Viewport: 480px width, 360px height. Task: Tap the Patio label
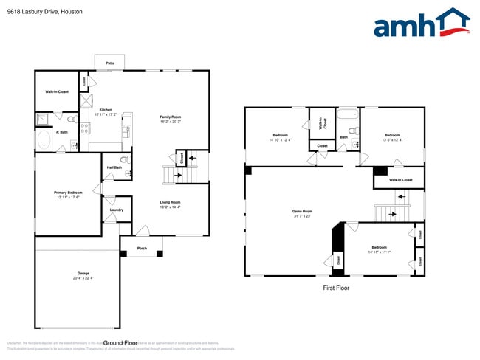coord(109,63)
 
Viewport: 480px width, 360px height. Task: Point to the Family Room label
coord(171,117)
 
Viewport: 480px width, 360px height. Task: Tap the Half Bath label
coord(114,167)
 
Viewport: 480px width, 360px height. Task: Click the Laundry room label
coord(116,210)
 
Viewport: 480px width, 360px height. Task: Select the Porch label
coord(142,248)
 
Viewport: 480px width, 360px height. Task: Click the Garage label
coord(83,274)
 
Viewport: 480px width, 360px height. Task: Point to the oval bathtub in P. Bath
coord(44,141)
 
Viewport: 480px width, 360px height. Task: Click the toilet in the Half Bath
coord(125,159)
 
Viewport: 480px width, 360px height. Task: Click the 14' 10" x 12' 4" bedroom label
coord(281,136)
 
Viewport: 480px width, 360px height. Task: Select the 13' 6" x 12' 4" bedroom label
coord(391,136)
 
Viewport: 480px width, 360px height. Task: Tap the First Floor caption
coord(336,288)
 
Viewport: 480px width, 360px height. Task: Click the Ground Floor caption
coord(120,343)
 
